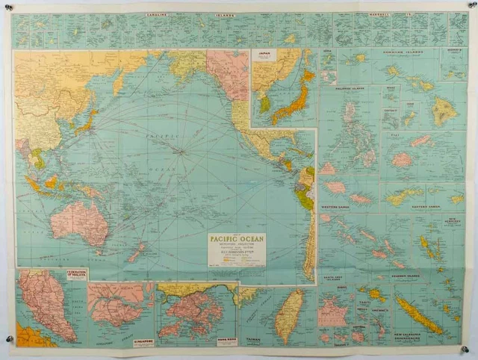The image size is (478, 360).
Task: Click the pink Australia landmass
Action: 78,223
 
